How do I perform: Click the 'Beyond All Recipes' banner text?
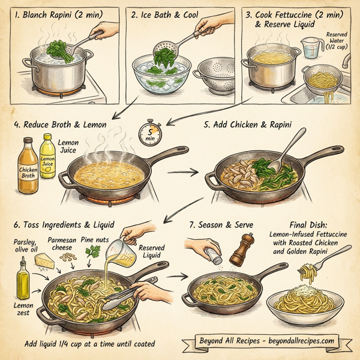pyautogui.click(x=266, y=341)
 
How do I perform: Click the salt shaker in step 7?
pyautogui.click(x=206, y=253)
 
